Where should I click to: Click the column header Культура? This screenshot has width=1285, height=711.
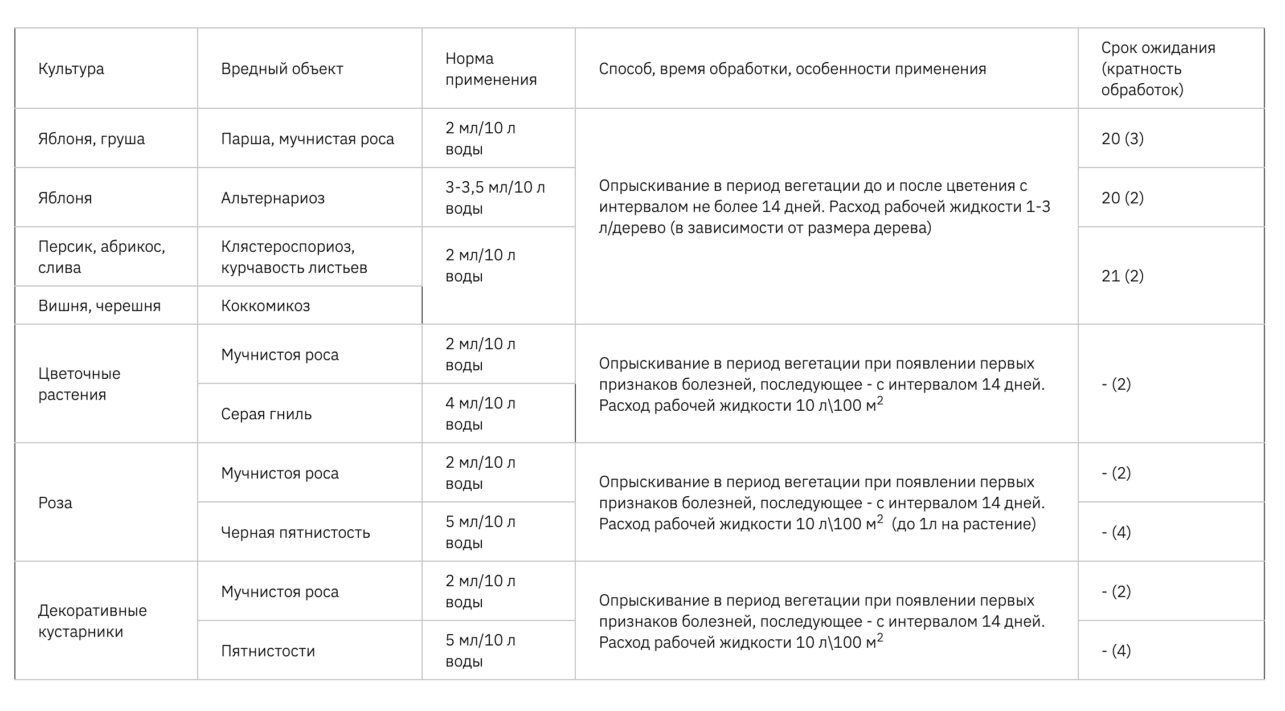point(71,69)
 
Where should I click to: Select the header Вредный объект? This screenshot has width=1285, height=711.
point(282,69)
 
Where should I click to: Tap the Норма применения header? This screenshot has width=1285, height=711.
point(491,69)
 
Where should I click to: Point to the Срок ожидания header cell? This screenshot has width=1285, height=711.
point(1158,69)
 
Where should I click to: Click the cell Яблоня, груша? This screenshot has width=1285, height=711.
point(92,139)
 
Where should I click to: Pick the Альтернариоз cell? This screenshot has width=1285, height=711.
point(273,198)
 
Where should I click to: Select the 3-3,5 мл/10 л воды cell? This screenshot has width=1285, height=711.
point(495,198)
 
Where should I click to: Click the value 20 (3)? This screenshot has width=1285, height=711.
point(1122,139)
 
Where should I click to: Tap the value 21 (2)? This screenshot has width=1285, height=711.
point(1122,276)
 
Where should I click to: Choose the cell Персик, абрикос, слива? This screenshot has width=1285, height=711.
point(101,257)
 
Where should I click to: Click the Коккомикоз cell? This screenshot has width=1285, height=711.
point(265,306)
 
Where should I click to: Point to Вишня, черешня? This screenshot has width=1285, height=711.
point(100,306)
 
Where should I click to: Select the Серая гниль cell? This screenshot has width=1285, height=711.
point(267,414)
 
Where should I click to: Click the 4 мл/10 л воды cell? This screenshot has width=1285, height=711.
point(480,414)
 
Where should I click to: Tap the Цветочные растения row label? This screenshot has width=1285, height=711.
point(79,384)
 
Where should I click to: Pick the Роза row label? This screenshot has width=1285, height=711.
point(55,503)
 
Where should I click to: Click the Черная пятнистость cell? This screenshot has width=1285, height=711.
point(296,533)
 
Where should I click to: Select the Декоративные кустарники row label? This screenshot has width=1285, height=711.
point(92,621)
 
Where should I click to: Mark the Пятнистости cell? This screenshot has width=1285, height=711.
point(268,651)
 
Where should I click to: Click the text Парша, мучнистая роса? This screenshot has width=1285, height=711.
point(308,139)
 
